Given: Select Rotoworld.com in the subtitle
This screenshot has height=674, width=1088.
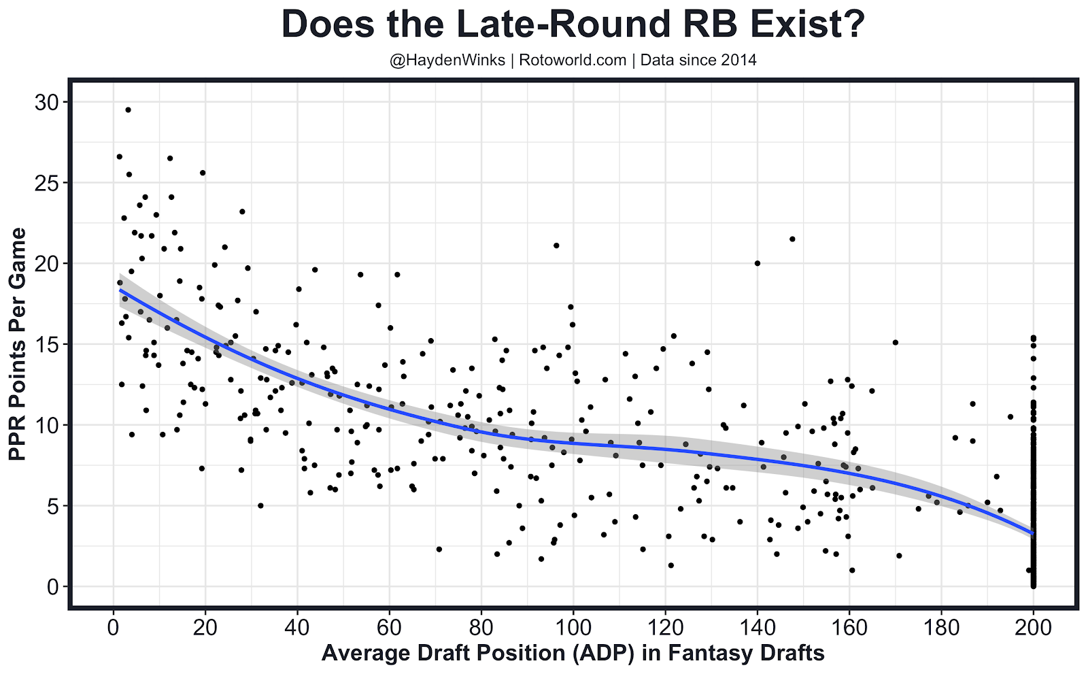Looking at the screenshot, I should (573, 61).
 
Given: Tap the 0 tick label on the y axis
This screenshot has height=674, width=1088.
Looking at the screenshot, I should (52, 587).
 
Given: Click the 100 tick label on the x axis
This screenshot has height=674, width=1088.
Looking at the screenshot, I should (573, 627).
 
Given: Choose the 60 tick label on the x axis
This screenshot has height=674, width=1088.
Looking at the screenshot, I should (389, 627).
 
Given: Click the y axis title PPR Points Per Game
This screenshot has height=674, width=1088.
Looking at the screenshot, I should (18, 344).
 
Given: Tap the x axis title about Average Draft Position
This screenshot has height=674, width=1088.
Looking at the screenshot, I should (573, 654).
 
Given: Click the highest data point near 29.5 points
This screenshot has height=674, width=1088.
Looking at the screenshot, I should (128, 109).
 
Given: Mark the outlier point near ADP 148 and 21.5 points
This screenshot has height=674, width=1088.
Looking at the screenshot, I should (792, 239).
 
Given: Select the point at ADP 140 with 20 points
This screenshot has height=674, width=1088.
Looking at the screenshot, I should (758, 263).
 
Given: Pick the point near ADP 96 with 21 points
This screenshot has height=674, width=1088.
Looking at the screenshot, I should (556, 246).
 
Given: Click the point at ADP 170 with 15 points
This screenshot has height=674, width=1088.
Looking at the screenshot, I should (896, 343).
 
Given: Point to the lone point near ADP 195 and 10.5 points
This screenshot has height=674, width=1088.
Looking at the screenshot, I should (1010, 417).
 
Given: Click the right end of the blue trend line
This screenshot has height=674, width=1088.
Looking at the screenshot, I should (1032, 533).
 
